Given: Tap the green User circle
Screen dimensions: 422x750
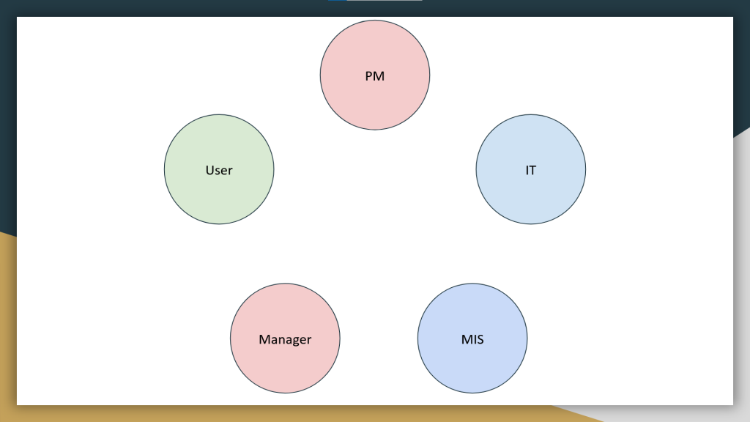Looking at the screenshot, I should [x=218, y=194].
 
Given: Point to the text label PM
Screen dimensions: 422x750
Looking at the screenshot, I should [x=375, y=75].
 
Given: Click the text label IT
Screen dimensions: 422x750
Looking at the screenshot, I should [x=531, y=170].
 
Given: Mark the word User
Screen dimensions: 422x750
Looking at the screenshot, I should [x=219, y=170].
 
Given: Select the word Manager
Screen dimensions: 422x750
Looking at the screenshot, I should [x=285, y=339].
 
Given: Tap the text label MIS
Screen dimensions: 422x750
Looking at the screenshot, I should [x=472, y=339].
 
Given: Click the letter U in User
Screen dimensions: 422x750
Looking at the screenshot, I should [x=209, y=170].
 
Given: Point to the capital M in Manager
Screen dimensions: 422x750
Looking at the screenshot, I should [x=264, y=339].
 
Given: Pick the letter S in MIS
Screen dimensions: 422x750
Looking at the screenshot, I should [x=480, y=339].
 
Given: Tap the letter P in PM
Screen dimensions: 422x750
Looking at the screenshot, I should [x=369, y=75].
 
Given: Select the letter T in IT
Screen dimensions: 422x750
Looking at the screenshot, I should [x=533, y=170].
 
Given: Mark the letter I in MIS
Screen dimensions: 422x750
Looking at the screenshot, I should [x=473, y=339].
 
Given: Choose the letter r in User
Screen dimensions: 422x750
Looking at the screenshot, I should [x=230, y=171].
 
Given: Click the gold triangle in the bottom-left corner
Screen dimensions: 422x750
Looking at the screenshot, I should [x=7, y=330].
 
